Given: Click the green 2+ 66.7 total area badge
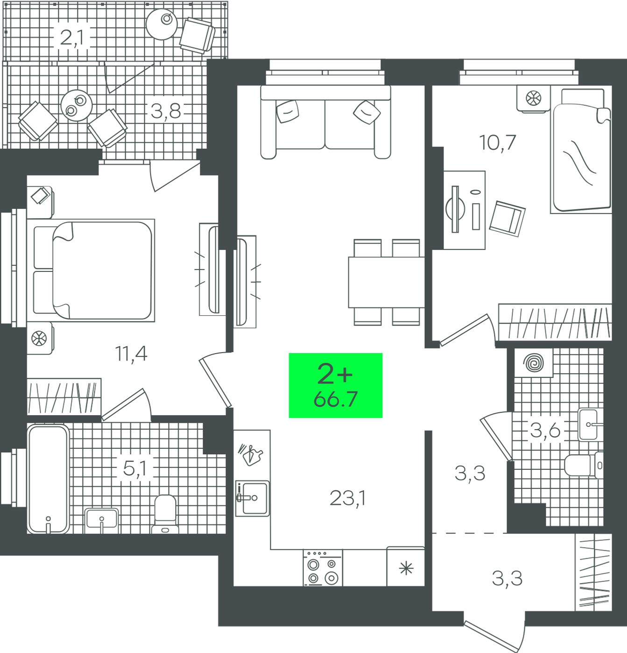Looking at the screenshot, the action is (x=336, y=385).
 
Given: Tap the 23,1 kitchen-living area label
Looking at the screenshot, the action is (x=348, y=498).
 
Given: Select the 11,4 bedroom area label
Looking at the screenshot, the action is (x=131, y=354).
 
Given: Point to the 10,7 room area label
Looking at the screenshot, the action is (x=497, y=143).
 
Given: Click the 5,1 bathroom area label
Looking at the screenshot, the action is (x=134, y=468).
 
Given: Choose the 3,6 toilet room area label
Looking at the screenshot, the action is (x=545, y=430).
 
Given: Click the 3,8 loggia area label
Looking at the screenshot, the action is (x=166, y=111).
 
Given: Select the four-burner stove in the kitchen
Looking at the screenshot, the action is (x=323, y=568).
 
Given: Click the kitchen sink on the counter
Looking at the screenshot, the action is (x=252, y=498).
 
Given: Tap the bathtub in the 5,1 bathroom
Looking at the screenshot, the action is (x=48, y=479).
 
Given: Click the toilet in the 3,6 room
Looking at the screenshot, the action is (x=584, y=465).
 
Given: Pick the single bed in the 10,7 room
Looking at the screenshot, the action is (x=581, y=151).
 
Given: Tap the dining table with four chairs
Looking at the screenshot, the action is (x=386, y=282).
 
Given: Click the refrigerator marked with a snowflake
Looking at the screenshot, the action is (x=406, y=567).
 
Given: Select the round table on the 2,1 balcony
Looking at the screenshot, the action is (x=162, y=24).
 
